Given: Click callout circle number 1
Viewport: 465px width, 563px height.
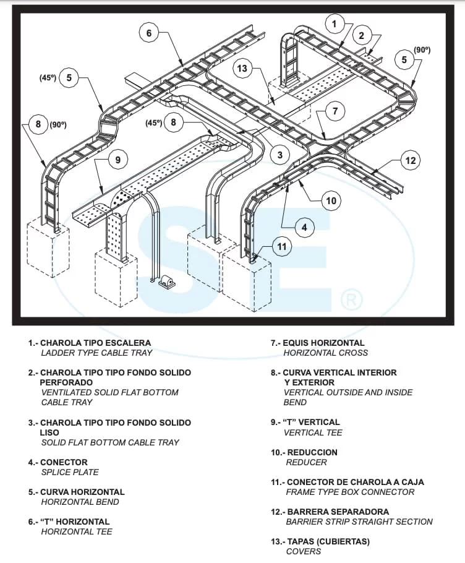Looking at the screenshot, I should click(x=335, y=24).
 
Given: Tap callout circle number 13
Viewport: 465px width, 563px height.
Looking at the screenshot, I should click(x=242, y=68).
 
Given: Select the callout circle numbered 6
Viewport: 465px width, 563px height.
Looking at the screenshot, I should click(x=148, y=33).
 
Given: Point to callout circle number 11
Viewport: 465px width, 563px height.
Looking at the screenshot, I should click(x=282, y=247).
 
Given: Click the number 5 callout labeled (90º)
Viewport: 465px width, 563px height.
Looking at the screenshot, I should click(x=404, y=59).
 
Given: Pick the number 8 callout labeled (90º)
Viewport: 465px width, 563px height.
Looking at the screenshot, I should click(x=38, y=124).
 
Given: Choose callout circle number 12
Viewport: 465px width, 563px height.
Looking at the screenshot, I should click(x=411, y=161).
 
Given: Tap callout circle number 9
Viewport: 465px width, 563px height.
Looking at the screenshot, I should click(x=117, y=159).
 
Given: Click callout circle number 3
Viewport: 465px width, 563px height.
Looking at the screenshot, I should click(x=279, y=155).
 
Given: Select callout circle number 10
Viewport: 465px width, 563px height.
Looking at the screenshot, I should click(x=331, y=200).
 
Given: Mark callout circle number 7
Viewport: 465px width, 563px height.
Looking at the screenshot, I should click(x=335, y=111).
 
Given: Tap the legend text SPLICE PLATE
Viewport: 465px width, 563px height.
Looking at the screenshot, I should click(x=69, y=472).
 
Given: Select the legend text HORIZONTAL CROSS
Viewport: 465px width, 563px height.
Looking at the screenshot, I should click(x=325, y=353).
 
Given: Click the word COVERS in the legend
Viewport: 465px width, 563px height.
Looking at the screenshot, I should click(x=303, y=551).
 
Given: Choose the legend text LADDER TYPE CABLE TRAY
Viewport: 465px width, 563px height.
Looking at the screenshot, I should click(x=96, y=353).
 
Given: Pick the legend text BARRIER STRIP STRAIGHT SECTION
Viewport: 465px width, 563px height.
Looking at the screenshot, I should click(x=359, y=522).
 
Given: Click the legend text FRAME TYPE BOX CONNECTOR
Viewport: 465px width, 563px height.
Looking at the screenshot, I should click(x=350, y=492).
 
